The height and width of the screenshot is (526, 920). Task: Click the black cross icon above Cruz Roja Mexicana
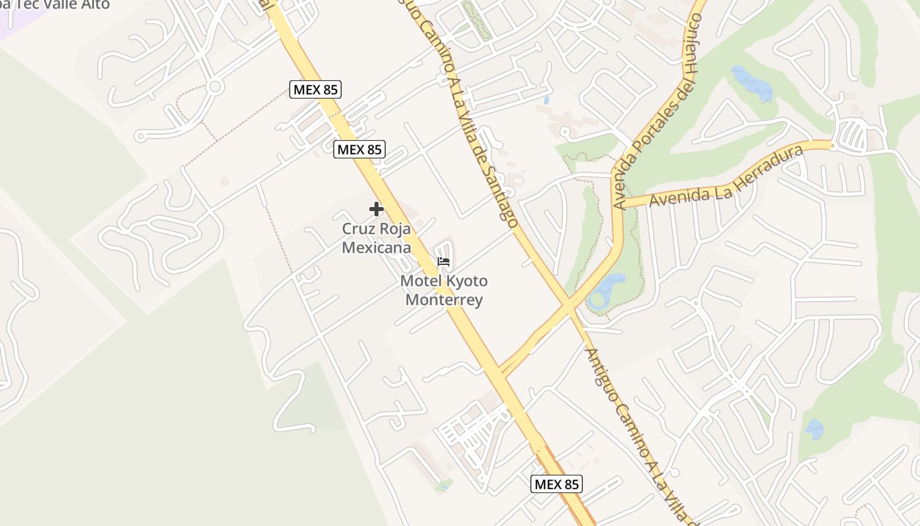(x=376, y=209)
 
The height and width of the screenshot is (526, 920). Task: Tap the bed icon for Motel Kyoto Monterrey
(x=444, y=262)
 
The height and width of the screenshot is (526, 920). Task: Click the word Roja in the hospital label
(x=395, y=229)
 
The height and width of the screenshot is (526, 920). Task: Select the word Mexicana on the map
(x=377, y=248)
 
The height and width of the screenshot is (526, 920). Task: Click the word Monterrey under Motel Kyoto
(x=444, y=300)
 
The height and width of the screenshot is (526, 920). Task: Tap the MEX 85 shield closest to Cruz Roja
(x=359, y=149)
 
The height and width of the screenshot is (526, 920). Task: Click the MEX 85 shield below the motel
(x=557, y=485)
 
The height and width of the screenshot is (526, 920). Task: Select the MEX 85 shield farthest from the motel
(x=315, y=89)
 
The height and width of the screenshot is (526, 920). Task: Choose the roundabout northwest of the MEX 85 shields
(x=214, y=86)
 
